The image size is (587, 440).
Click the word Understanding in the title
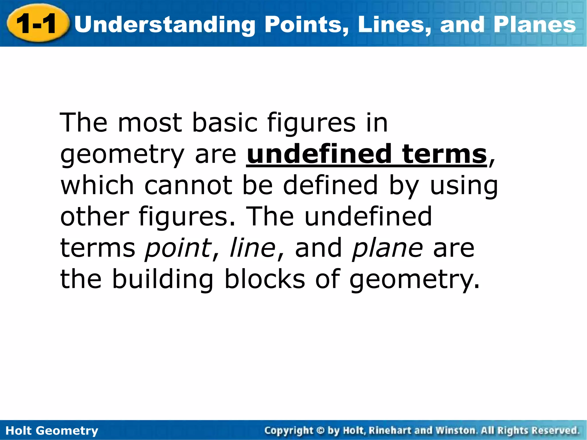click(165, 25)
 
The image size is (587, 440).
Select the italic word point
click(178, 248)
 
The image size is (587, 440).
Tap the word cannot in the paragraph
click(188, 186)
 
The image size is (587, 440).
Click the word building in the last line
click(163, 279)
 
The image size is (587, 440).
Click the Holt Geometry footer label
click(52, 431)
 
